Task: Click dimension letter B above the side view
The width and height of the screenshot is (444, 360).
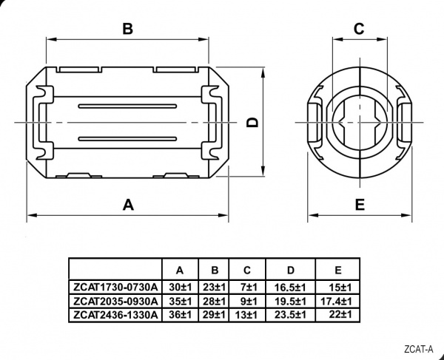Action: click(x=128, y=29)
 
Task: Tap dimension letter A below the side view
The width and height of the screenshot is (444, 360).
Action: click(x=128, y=205)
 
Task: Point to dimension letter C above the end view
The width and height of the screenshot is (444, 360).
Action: click(x=359, y=29)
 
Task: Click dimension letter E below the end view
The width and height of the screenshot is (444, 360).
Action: click(x=360, y=205)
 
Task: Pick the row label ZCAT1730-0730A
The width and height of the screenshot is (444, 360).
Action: click(x=115, y=287)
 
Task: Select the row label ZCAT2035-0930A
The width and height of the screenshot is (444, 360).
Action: click(x=115, y=301)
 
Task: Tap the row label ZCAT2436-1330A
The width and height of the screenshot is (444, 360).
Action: click(x=115, y=314)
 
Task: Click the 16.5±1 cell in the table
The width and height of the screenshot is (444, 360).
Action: click(x=290, y=288)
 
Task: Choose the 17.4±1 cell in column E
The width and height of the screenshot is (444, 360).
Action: click(x=336, y=301)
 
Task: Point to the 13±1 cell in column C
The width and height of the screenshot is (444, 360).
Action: click(x=246, y=315)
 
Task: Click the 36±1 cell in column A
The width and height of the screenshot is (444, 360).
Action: click(x=181, y=314)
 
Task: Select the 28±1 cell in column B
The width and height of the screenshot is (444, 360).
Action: click(x=215, y=301)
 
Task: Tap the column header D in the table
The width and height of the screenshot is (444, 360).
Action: click(x=291, y=271)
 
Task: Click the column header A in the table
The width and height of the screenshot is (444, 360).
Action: click(x=180, y=271)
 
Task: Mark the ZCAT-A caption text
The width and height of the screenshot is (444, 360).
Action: click(x=419, y=349)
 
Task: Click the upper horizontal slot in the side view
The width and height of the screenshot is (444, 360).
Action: click(x=128, y=106)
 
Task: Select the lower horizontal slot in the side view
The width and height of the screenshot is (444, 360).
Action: click(x=128, y=139)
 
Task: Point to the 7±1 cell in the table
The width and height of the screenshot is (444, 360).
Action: click(x=249, y=288)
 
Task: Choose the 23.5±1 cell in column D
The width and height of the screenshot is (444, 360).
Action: click(x=290, y=315)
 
